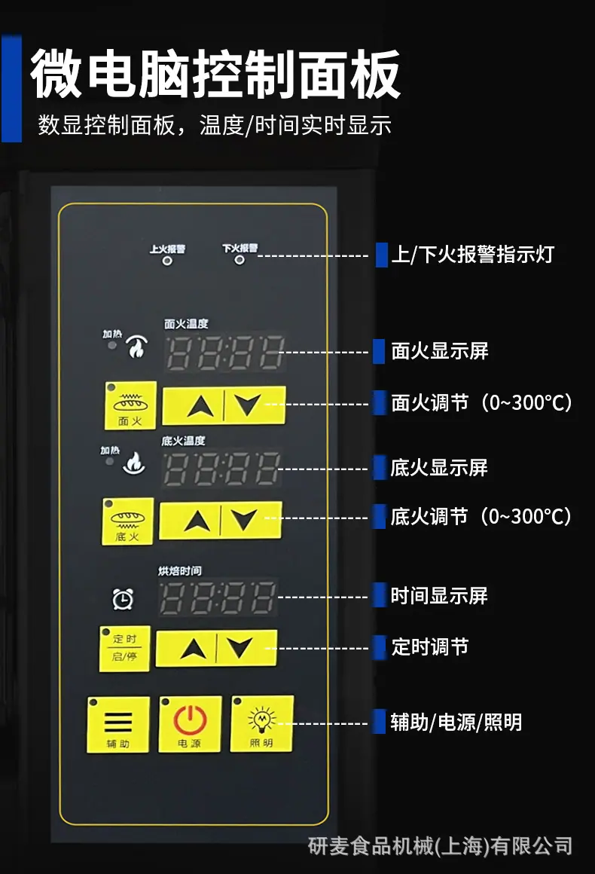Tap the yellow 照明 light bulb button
tap(262, 723)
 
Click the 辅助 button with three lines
tap(118, 724)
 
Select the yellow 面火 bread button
tap(130, 405)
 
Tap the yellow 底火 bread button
tap(127, 521)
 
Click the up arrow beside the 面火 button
tap(200, 406)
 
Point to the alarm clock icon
tap(123, 599)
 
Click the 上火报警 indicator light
tap(167, 260)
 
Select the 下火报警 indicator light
tap(240, 260)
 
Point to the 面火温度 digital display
tap(225, 353)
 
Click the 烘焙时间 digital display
tap(218, 597)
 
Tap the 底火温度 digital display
tap(221, 469)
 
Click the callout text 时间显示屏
tap(439, 596)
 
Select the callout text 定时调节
tap(429, 647)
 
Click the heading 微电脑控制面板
tap(215, 74)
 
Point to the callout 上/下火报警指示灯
tap(472, 254)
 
